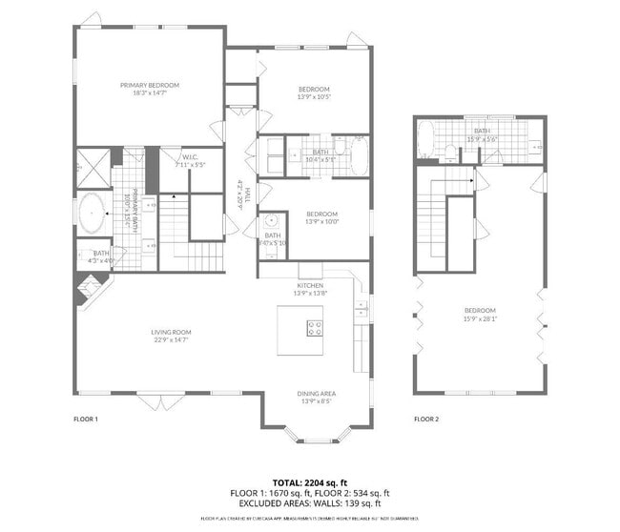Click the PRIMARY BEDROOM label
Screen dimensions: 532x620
coord(150,85)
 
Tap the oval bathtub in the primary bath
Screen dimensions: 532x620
coord(93,214)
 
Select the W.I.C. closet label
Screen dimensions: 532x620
coord(190,159)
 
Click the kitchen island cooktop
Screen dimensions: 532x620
coord(314,329)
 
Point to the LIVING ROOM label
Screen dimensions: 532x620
coord(171,332)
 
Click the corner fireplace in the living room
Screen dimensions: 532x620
coord(92,288)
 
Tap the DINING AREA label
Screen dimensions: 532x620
coord(316,393)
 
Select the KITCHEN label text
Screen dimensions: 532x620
coord(310,285)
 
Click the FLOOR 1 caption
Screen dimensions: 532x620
coord(86,419)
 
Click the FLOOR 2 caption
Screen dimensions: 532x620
coord(426,419)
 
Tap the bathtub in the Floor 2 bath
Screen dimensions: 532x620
coord(425,139)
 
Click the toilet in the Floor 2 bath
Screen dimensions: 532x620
coord(448,150)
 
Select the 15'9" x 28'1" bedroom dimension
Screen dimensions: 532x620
coord(480,319)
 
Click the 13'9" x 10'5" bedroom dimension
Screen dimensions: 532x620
coord(314,97)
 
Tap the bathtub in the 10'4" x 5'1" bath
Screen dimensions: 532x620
coord(359,157)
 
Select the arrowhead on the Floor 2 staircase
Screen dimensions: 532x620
coord(472,177)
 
